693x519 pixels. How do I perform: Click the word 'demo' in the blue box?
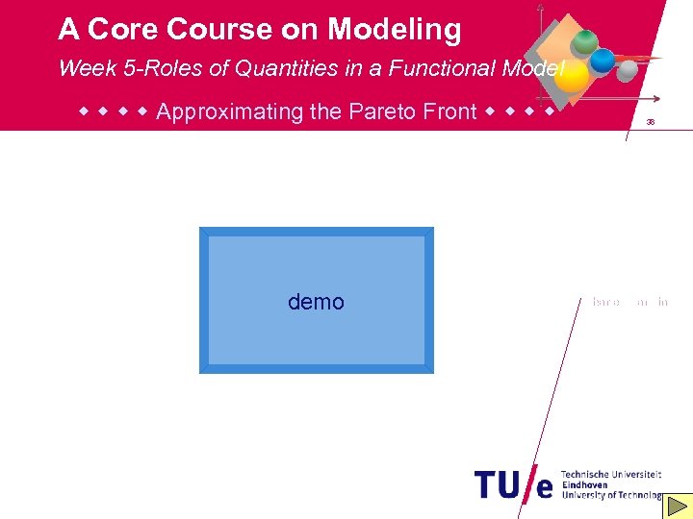316,302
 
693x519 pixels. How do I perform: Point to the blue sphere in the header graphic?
603,61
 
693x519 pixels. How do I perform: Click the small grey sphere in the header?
627,70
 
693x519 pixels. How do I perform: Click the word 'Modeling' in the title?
395,30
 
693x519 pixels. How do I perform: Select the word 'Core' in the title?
124,30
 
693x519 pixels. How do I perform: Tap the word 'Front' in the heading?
449,111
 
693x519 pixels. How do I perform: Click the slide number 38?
651,123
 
